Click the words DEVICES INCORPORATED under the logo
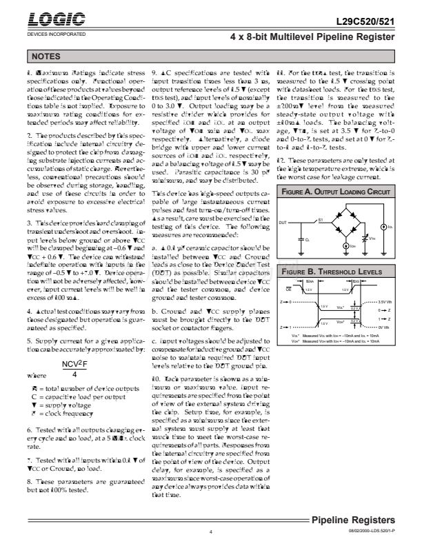tap(56, 34)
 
